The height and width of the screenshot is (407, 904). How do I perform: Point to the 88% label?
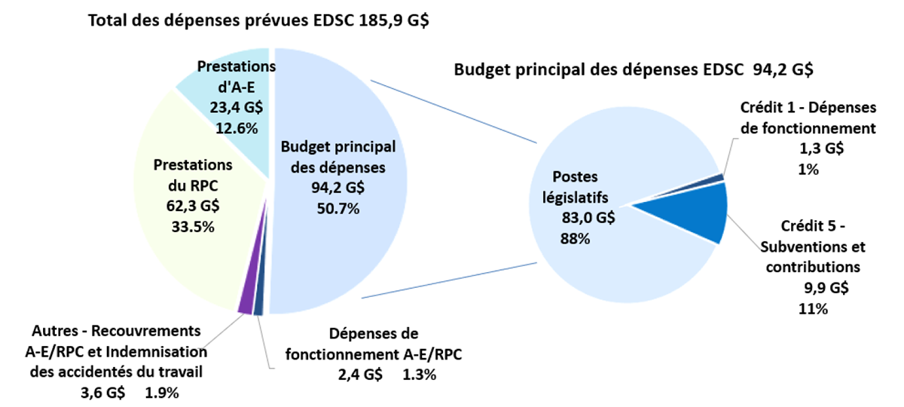(x=575, y=239)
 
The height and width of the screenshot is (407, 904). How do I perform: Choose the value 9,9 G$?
(x=826, y=287)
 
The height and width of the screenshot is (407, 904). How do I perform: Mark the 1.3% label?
(x=419, y=375)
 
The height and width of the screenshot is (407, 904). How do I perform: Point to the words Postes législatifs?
(x=579, y=187)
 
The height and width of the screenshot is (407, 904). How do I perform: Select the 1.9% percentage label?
(x=161, y=392)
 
